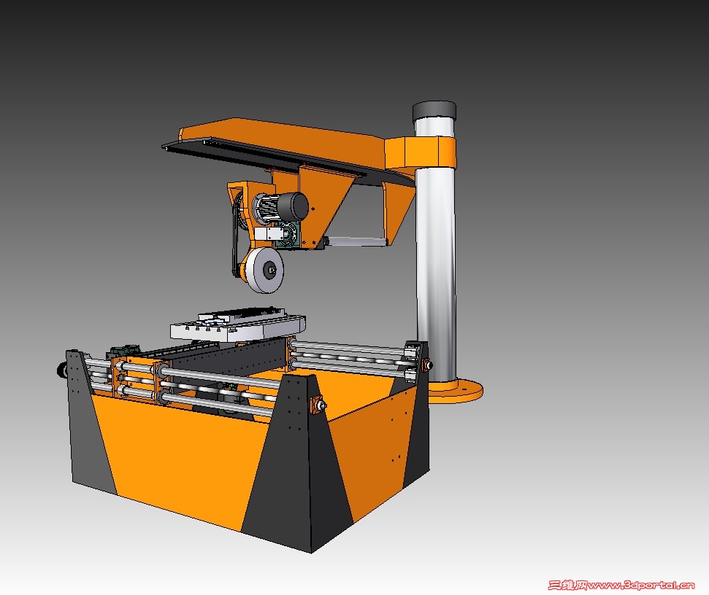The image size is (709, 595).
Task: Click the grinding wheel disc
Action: pos(267,270)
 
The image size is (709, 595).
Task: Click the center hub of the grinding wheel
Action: pos(271,270)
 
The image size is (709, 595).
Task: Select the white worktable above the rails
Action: pos(237,325)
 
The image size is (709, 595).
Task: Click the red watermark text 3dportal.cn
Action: pos(621,586)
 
